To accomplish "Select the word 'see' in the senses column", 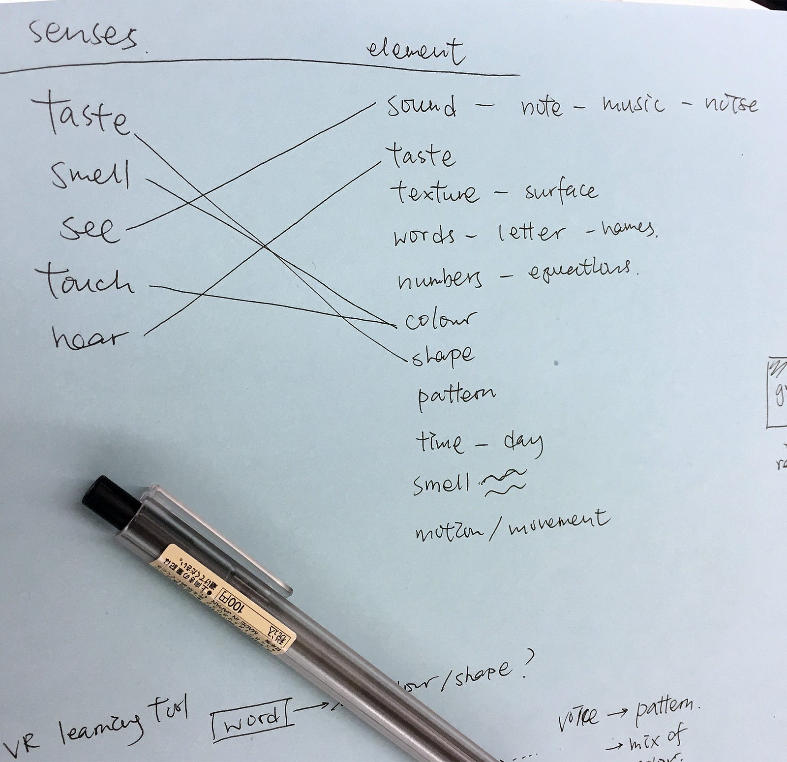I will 89,229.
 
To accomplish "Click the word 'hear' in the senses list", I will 89,338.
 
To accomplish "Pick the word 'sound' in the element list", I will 421,107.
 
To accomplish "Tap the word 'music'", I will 633,105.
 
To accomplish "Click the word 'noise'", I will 731,104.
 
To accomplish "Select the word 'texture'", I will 435,192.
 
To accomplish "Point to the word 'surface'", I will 561,190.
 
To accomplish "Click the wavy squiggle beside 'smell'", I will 504,482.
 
